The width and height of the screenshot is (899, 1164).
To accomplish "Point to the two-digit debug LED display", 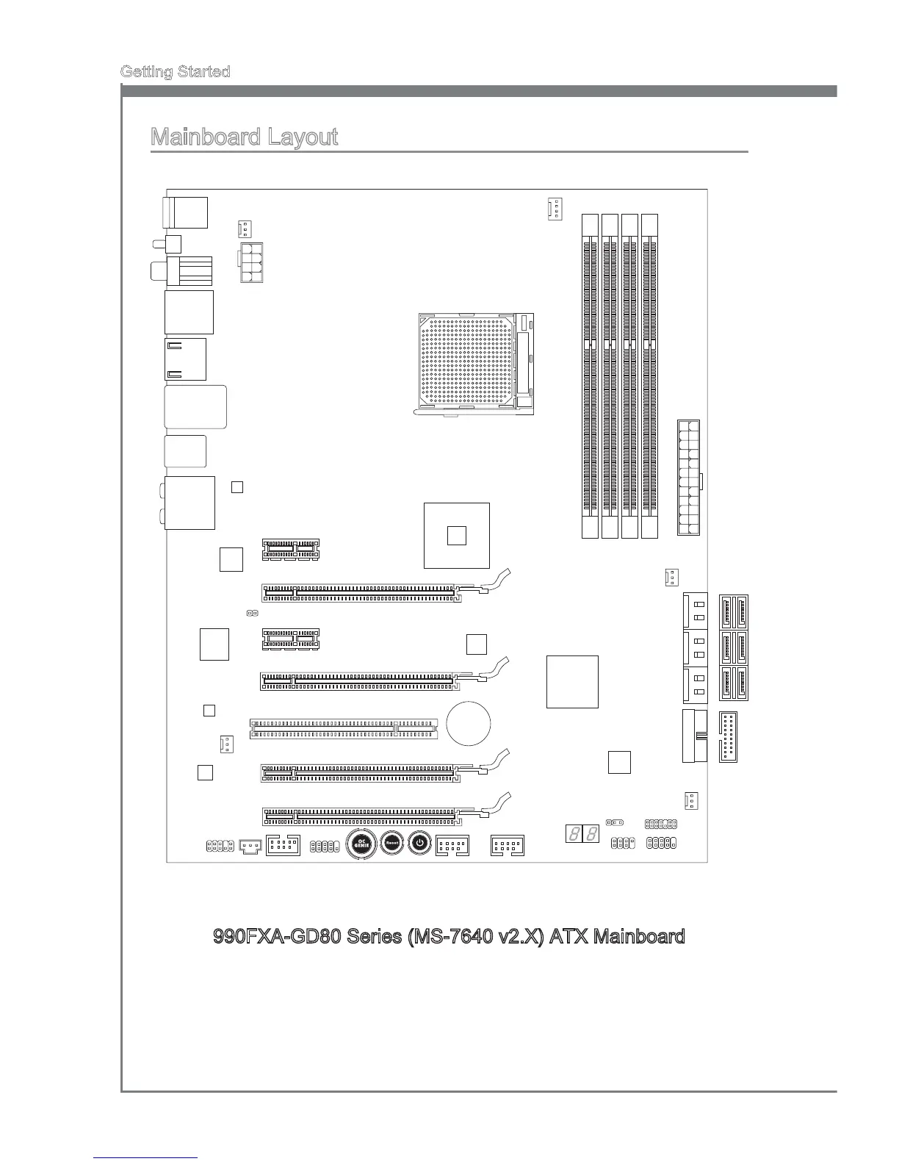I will tap(582, 834).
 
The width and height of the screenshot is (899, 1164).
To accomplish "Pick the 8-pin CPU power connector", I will tap(250, 262).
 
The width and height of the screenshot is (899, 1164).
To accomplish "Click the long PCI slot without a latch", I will tap(343, 728).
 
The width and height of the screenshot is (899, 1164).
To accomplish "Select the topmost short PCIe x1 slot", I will tap(291, 549).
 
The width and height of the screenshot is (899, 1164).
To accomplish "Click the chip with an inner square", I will tap(457, 536).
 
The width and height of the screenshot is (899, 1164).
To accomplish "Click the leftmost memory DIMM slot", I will tap(590, 376).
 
